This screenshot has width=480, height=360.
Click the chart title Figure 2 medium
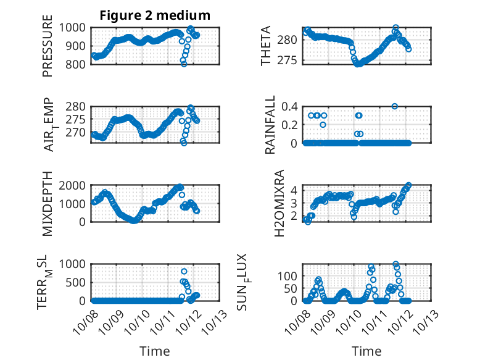[155, 15]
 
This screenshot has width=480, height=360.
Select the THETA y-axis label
[266, 46]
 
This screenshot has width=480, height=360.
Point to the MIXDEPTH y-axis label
[48, 204]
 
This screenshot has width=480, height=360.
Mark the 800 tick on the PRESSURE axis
[78, 64]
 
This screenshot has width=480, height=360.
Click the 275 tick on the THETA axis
[290, 61]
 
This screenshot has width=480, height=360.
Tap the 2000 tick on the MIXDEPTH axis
[76, 185]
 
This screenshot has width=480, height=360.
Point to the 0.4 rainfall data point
[395, 106]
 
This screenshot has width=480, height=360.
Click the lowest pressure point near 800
[183, 64]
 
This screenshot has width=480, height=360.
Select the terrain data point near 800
[184, 271]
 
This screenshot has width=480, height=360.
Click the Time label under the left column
[155, 351]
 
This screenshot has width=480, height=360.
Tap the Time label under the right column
[366, 351]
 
